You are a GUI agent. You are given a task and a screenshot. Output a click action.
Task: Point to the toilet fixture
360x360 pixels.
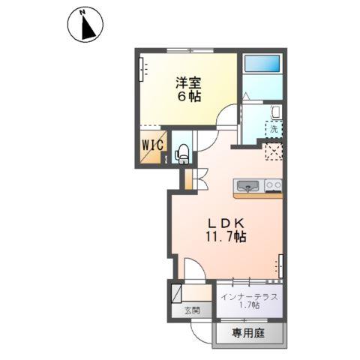point(181,154)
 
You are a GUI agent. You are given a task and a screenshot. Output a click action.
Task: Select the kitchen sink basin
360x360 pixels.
point(248,185)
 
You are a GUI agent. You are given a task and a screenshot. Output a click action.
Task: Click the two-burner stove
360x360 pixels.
point(273,185)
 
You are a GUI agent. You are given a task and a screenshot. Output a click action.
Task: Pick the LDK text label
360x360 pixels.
point(222,223)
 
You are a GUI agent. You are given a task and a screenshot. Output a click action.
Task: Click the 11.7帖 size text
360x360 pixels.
point(222,237)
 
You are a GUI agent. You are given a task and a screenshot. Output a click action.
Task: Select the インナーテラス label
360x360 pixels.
point(250,296)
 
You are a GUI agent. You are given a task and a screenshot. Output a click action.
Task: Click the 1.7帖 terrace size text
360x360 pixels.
point(250,307)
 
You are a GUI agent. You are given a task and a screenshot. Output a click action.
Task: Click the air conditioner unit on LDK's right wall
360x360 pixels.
point(281,264)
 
